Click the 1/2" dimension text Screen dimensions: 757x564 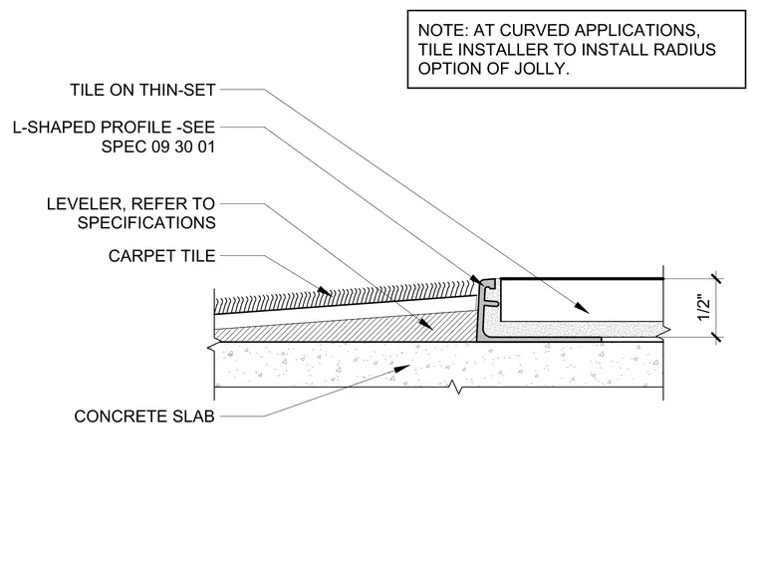pyautogui.click(x=704, y=309)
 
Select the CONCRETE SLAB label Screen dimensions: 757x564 pyautogui.click(x=144, y=417)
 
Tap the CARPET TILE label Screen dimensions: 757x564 pyautogui.click(x=161, y=256)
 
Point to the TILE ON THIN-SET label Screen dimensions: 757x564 pyautogui.click(x=142, y=90)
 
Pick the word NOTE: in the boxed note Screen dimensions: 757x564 pyautogui.click(x=443, y=31)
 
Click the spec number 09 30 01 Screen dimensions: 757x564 pyautogui.click(x=183, y=146)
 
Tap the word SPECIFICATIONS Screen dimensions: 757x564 pyautogui.click(x=146, y=223)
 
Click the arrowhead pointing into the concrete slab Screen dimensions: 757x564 pyautogui.click(x=402, y=369)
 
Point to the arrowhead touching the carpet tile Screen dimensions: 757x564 pyautogui.click(x=325, y=291)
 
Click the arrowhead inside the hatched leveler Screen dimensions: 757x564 pyautogui.click(x=426, y=324)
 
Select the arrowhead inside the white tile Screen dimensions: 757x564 pyautogui.click(x=582, y=308)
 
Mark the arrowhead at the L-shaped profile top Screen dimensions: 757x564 pyautogui.click(x=475, y=280)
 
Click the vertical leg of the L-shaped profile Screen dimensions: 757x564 pyautogui.click(x=482, y=309)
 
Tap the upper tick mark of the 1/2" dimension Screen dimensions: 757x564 pyautogui.click(x=716, y=279)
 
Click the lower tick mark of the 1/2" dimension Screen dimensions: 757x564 pyautogui.click(x=716, y=337)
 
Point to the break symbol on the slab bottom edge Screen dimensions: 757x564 pyautogui.click(x=456, y=387)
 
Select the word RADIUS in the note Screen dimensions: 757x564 pyautogui.click(x=684, y=50)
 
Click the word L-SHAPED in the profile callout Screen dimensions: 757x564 pyautogui.click(x=53, y=128)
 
